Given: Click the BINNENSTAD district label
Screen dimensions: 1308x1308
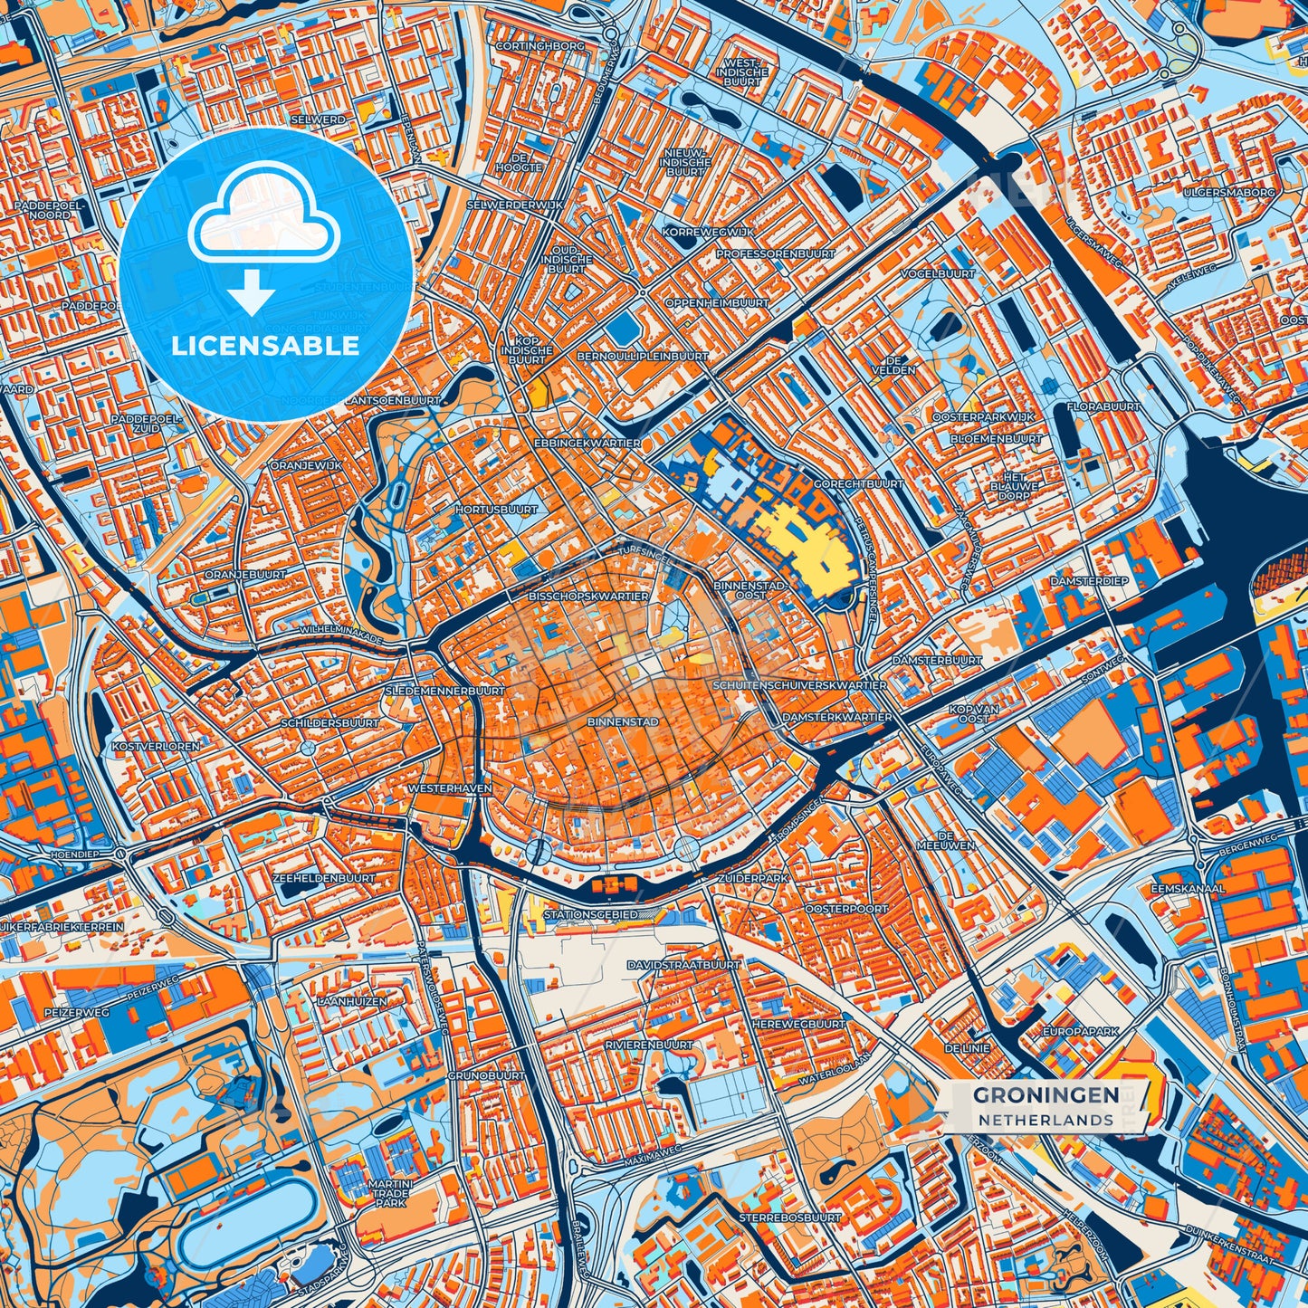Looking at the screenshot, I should click(x=622, y=722).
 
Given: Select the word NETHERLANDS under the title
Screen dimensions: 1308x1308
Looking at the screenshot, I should click(x=1045, y=1120).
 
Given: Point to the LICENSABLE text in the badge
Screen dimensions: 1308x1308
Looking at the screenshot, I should click(x=266, y=346).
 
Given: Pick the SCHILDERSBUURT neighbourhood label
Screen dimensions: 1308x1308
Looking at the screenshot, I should click(x=329, y=724).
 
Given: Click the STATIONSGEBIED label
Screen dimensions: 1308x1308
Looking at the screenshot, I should click(x=590, y=915).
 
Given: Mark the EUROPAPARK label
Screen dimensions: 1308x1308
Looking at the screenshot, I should click(x=1081, y=1031).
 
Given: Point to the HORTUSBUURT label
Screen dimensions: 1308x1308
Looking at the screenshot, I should click(x=496, y=509).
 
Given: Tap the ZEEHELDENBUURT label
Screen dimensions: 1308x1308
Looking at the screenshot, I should click(x=323, y=878).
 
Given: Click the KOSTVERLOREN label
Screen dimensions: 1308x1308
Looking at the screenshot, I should click(x=142, y=746).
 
